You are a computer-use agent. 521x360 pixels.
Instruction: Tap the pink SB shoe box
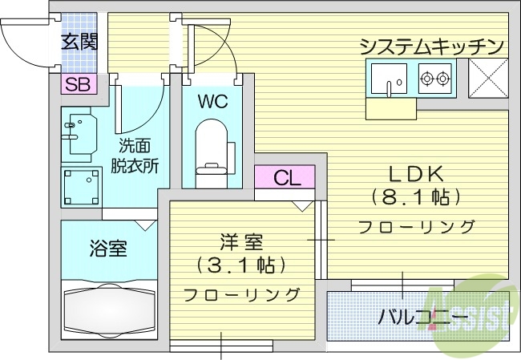[77, 83]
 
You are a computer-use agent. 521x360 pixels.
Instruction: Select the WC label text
[212, 103]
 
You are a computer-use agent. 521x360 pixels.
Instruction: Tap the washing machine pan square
[82, 185]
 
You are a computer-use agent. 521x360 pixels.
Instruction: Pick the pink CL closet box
[285, 178]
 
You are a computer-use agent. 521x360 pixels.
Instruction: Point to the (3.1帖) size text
[241, 265]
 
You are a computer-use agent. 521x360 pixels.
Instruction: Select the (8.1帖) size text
[416, 196]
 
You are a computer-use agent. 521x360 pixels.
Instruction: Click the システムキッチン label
[431, 46]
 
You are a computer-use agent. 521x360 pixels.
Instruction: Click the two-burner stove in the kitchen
[435, 79]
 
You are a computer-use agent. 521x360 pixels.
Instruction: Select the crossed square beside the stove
[486, 79]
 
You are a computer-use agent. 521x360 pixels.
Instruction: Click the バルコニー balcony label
[423, 317]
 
